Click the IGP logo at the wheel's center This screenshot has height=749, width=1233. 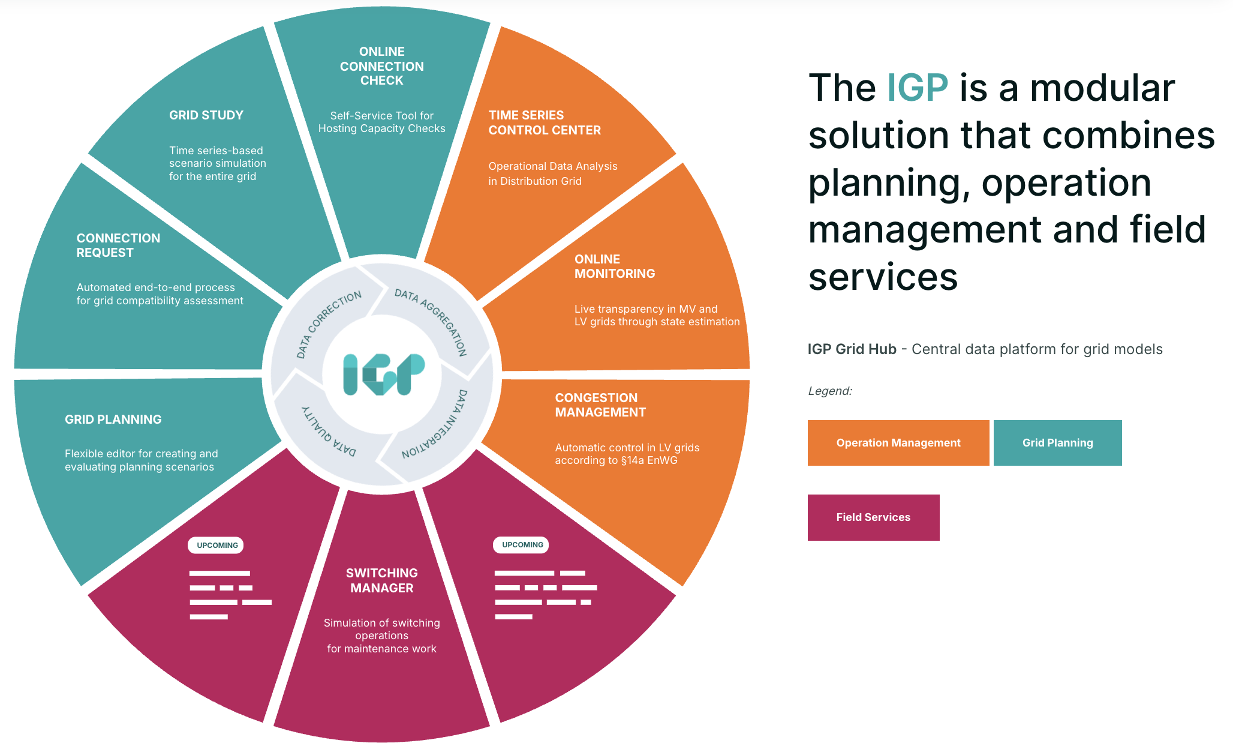pos(383,374)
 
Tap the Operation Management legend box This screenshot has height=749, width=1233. pos(898,443)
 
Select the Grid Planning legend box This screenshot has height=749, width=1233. pos(1058,443)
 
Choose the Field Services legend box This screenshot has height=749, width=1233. pos(873,517)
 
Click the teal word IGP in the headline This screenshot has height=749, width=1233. pos(917,88)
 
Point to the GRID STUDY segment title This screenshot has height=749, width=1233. pos(206,115)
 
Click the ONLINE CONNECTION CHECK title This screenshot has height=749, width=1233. pos(382,66)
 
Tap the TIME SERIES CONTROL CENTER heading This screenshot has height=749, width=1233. pos(545,122)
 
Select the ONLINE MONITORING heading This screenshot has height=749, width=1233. pos(615,266)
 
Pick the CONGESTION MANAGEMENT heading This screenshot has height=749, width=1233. pos(600,405)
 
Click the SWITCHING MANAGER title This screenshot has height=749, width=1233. pos(382,580)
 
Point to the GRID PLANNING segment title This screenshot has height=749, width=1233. pos(113,420)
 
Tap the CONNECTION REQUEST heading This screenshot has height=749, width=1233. pos(118,245)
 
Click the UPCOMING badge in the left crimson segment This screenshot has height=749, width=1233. pos(217,545)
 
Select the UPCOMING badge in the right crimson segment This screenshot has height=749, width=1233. pos(522,544)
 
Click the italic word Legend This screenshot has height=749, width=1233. pos(830,391)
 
